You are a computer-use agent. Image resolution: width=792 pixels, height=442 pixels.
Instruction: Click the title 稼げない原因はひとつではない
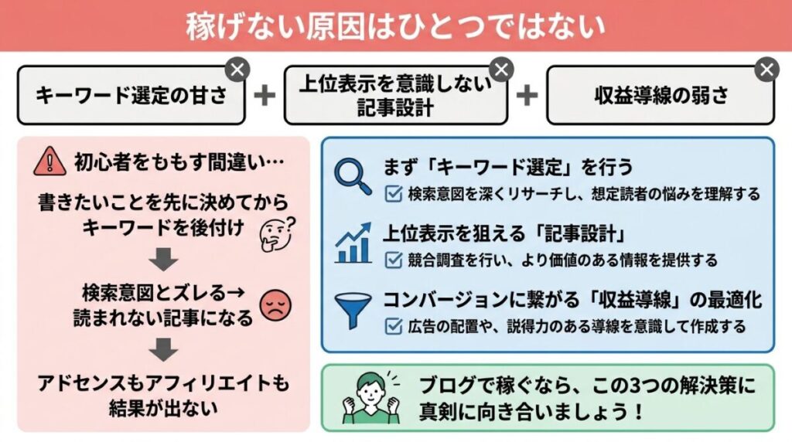click(395, 26)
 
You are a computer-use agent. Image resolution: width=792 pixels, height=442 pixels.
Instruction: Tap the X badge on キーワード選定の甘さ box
click(238, 70)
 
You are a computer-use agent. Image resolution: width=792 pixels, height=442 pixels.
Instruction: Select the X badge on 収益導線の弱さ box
click(766, 70)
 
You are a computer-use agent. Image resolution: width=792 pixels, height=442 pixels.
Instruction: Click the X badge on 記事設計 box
click(502, 70)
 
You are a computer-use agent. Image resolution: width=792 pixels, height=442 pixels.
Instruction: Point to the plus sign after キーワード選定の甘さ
click(265, 95)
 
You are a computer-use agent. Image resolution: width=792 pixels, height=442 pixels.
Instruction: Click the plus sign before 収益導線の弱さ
click(527, 95)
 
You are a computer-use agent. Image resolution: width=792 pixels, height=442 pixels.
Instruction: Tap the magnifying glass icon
click(353, 175)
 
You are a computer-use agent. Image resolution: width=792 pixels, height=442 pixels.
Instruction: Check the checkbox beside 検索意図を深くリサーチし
click(393, 194)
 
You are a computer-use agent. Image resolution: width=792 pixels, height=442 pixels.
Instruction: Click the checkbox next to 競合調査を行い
click(393, 260)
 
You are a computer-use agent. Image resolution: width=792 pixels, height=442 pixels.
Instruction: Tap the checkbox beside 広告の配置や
click(393, 326)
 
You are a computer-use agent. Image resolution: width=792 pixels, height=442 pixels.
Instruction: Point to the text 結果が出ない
click(163, 406)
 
